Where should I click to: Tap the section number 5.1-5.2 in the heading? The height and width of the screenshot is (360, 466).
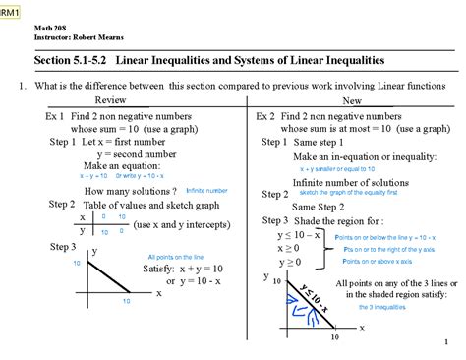click(x=88, y=61)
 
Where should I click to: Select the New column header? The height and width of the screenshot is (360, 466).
click(x=351, y=101)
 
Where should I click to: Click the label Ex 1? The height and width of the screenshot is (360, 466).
click(x=54, y=115)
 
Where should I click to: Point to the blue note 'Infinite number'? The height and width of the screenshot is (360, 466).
click(x=206, y=190)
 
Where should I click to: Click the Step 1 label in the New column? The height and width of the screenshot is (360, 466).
click(x=274, y=142)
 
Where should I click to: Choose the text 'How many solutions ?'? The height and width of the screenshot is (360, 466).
click(x=131, y=190)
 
